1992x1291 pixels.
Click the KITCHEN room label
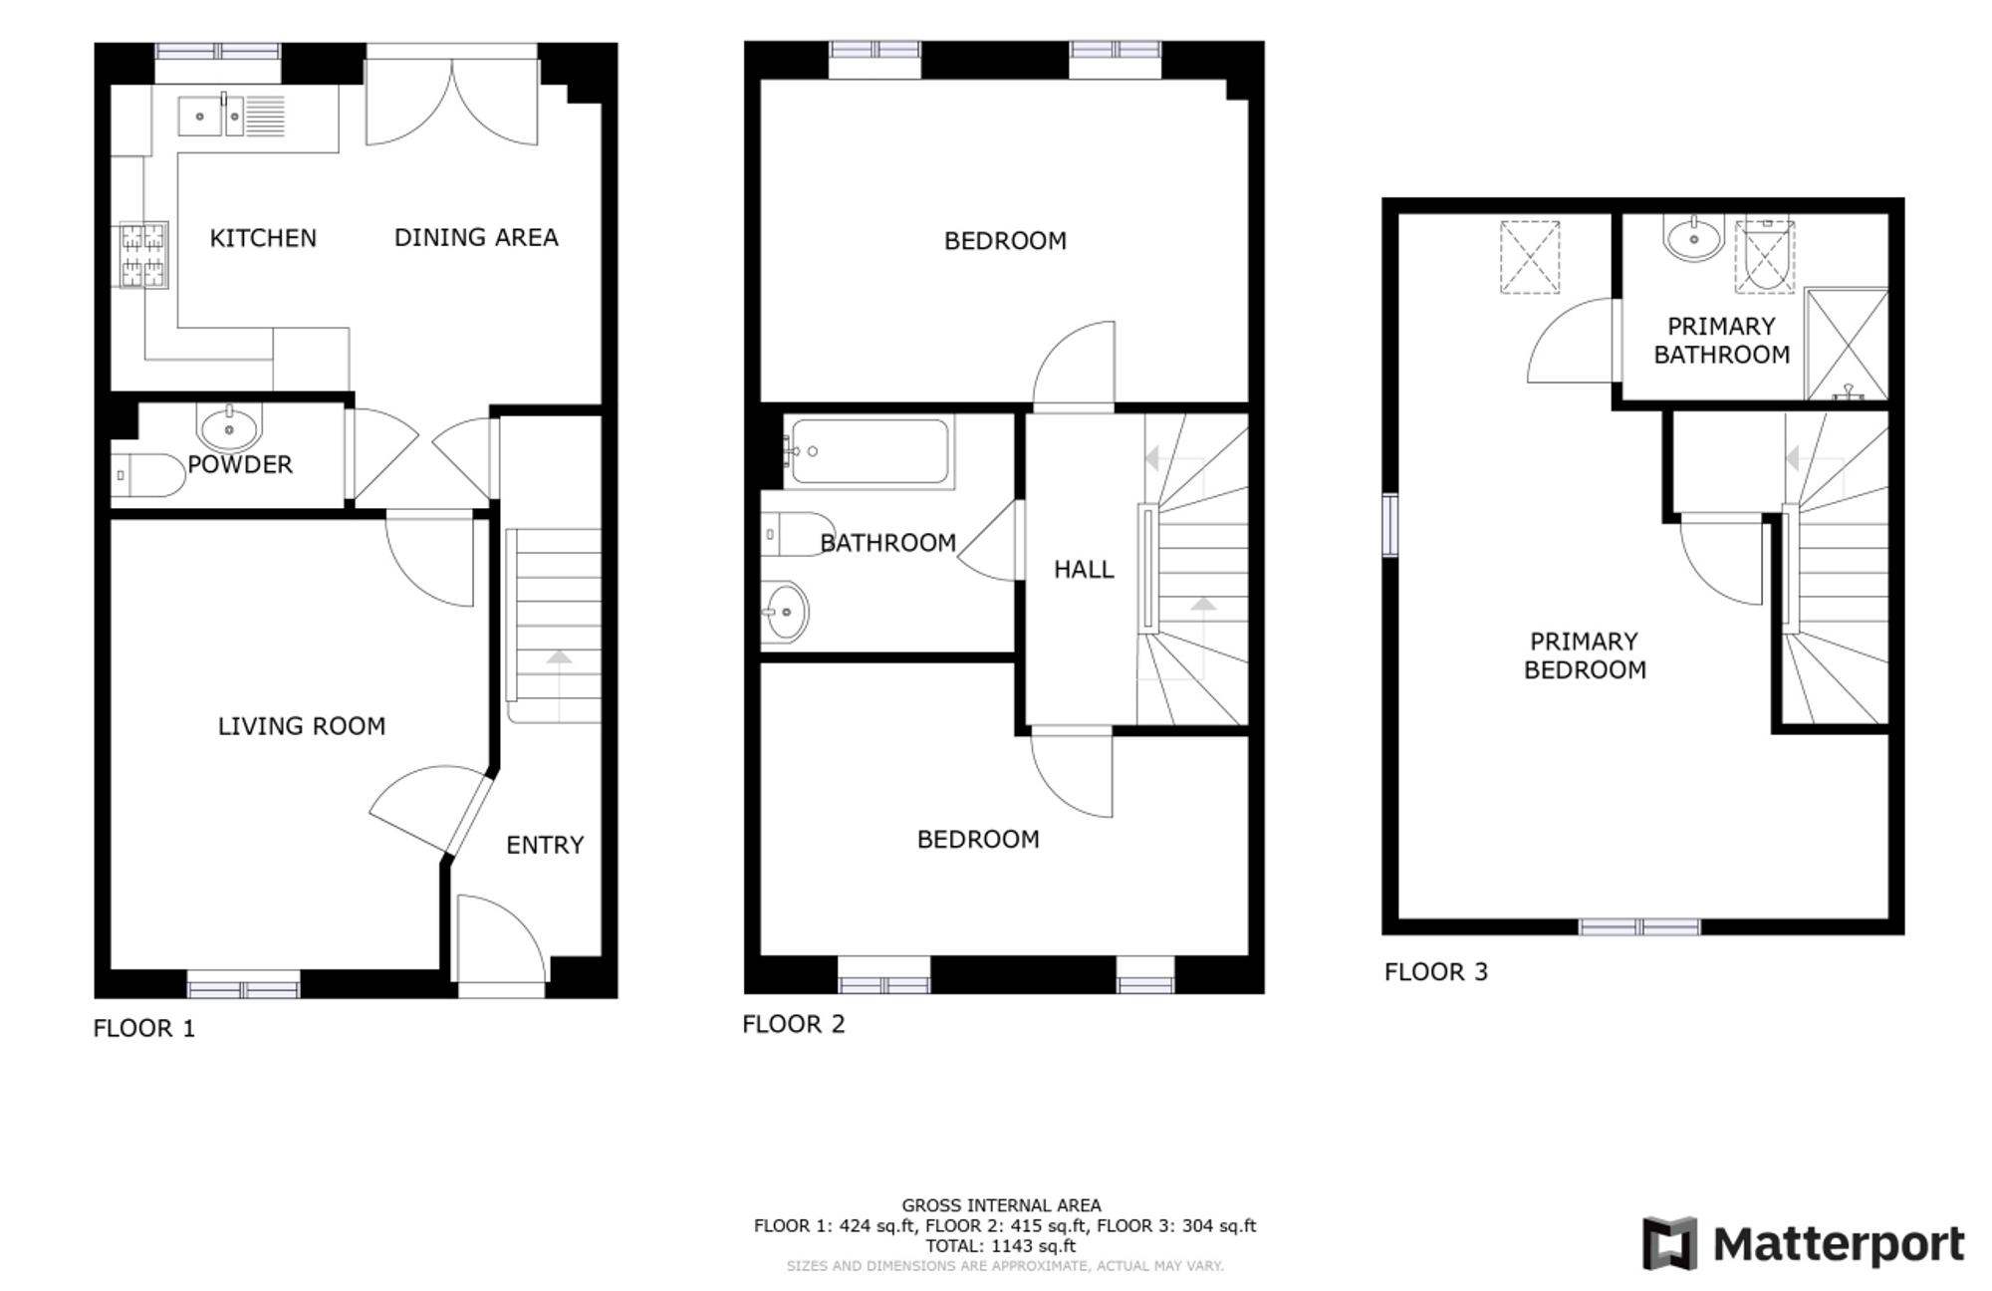click(x=263, y=238)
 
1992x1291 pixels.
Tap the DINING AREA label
click(x=476, y=238)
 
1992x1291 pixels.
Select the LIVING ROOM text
click(x=302, y=726)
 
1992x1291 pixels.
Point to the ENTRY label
click(x=545, y=845)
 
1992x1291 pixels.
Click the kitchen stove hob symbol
click(x=143, y=255)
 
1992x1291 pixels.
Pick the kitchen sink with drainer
click(x=231, y=116)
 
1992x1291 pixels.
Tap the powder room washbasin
click(x=230, y=426)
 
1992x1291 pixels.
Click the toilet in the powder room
click(x=147, y=475)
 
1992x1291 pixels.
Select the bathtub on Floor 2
click(x=869, y=451)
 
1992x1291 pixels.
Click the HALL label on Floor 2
click(x=1084, y=570)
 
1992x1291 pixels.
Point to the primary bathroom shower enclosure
click(x=1847, y=344)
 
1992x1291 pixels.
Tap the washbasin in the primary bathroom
click(x=1693, y=237)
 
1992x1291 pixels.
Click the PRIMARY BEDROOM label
click(x=1585, y=655)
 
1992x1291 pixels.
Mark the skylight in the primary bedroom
click(x=1530, y=257)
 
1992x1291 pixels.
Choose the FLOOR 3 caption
click(x=1436, y=972)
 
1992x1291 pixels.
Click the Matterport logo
click(x=1804, y=1243)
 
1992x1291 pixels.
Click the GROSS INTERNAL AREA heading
click(x=1002, y=1206)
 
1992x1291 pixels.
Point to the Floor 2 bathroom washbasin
click(x=785, y=613)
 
